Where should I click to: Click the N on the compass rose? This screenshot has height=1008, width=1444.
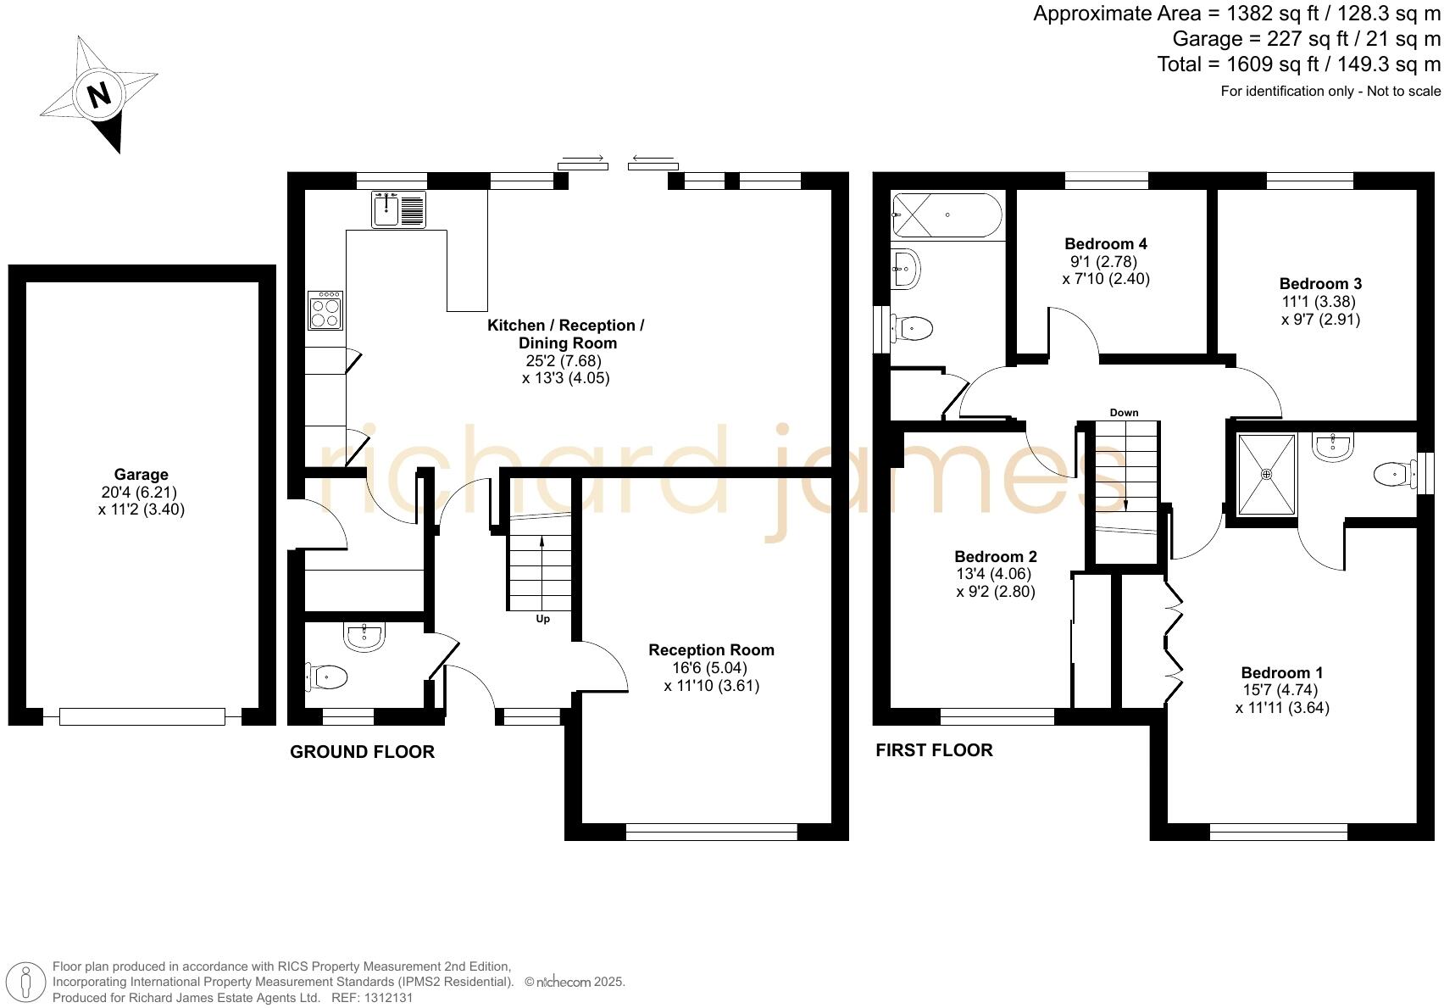click(x=100, y=94)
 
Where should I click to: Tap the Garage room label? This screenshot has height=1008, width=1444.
click(x=142, y=475)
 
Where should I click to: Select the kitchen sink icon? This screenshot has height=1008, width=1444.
click(x=398, y=209)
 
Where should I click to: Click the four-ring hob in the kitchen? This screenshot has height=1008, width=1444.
click(x=326, y=310)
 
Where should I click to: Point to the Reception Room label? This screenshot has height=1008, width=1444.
click(x=711, y=650)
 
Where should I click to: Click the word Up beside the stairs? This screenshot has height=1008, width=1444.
click(x=543, y=619)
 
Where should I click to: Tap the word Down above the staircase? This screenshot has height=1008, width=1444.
click(x=1124, y=413)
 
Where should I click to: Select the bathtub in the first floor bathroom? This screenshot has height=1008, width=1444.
click(x=947, y=214)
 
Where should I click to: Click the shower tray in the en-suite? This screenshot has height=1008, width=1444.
click(x=1267, y=475)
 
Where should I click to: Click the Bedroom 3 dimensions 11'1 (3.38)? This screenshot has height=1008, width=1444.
click(x=1319, y=302)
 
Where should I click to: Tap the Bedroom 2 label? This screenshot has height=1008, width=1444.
click(x=996, y=557)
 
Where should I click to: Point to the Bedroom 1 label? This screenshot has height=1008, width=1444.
click(x=1282, y=672)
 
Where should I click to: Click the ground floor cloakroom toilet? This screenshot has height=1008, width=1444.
click(x=329, y=677)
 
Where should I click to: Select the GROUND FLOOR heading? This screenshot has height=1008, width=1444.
click(x=362, y=752)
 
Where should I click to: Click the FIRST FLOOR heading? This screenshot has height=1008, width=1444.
click(x=934, y=750)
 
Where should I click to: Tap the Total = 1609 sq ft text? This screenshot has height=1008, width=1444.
click(x=1298, y=64)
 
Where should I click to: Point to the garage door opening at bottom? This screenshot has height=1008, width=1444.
click(x=142, y=717)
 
